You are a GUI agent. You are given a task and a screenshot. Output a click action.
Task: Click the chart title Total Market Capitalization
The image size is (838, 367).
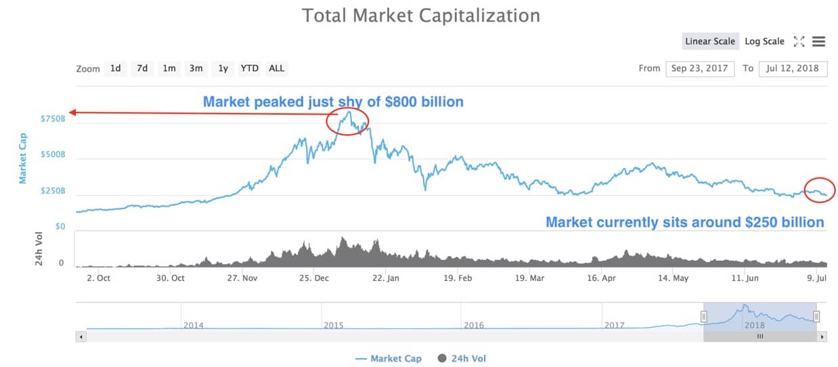[x=420, y=15]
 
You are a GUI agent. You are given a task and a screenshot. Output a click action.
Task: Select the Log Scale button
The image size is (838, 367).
[x=764, y=41]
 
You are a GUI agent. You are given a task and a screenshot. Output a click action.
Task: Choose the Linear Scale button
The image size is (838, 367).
[x=709, y=41]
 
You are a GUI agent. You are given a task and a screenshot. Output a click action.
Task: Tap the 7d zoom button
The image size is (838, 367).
[x=142, y=68]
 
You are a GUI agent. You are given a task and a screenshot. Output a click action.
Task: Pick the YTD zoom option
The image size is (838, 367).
[x=250, y=68]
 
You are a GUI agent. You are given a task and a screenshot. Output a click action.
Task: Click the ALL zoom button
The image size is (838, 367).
[x=276, y=68]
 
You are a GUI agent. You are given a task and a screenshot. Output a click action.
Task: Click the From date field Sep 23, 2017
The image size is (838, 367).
[x=700, y=68]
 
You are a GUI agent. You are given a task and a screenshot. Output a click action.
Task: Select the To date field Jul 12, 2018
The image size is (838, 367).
[x=793, y=68]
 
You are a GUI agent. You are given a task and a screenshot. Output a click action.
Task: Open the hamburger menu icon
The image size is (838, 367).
[x=818, y=41]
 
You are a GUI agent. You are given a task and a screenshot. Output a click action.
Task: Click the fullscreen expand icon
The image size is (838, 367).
[x=799, y=41]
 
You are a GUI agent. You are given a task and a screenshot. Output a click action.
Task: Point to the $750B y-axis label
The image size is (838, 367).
[x=53, y=118]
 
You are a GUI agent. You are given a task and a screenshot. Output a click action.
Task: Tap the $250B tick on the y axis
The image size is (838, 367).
[x=53, y=191]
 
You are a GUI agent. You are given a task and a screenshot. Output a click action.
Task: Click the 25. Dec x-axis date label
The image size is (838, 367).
[x=314, y=278]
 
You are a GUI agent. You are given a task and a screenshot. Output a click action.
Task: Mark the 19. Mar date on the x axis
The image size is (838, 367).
[x=529, y=278]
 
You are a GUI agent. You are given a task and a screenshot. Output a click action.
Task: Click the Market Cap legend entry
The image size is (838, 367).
[x=388, y=358]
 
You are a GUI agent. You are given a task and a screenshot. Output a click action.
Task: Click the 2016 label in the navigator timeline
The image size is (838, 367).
[x=474, y=325]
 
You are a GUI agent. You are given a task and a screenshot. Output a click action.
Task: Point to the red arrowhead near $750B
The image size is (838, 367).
[x=72, y=113]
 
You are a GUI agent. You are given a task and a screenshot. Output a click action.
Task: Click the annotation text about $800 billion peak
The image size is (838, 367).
[x=333, y=102]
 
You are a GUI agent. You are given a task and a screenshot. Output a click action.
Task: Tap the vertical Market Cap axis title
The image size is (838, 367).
[x=23, y=158]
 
